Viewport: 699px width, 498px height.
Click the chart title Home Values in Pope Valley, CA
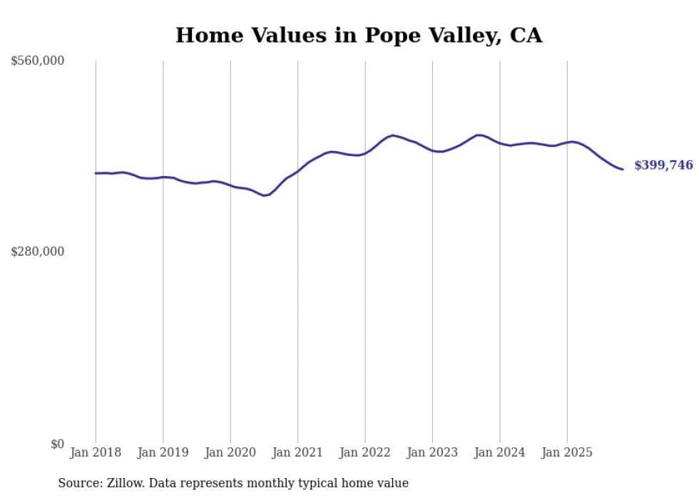[x=359, y=36]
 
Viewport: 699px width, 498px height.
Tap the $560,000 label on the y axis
[x=37, y=61]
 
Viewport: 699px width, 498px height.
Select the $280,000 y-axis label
[x=37, y=251]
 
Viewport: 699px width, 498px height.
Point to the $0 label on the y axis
[x=57, y=444]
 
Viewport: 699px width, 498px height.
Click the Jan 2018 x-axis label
[x=96, y=452]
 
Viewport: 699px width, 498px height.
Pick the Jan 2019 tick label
[x=163, y=452]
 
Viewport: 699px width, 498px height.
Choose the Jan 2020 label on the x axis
[x=230, y=452]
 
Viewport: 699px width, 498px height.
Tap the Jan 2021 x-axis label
[x=297, y=452]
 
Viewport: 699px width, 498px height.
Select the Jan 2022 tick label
[x=365, y=452]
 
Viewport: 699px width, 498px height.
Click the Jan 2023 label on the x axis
[x=432, y=452]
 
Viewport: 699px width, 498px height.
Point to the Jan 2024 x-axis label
[x=500, y=452]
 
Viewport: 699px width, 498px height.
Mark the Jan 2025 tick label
[x=567, y=452]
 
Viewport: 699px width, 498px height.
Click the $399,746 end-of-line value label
[x=663, y=165]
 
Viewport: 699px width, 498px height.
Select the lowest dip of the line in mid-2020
[x=265, y=195]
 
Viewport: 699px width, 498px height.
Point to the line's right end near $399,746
[x=623, y=170]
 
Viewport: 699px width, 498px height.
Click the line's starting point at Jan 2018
[x=96, y=173]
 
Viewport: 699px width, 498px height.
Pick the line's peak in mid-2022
[x=393, y=135]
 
